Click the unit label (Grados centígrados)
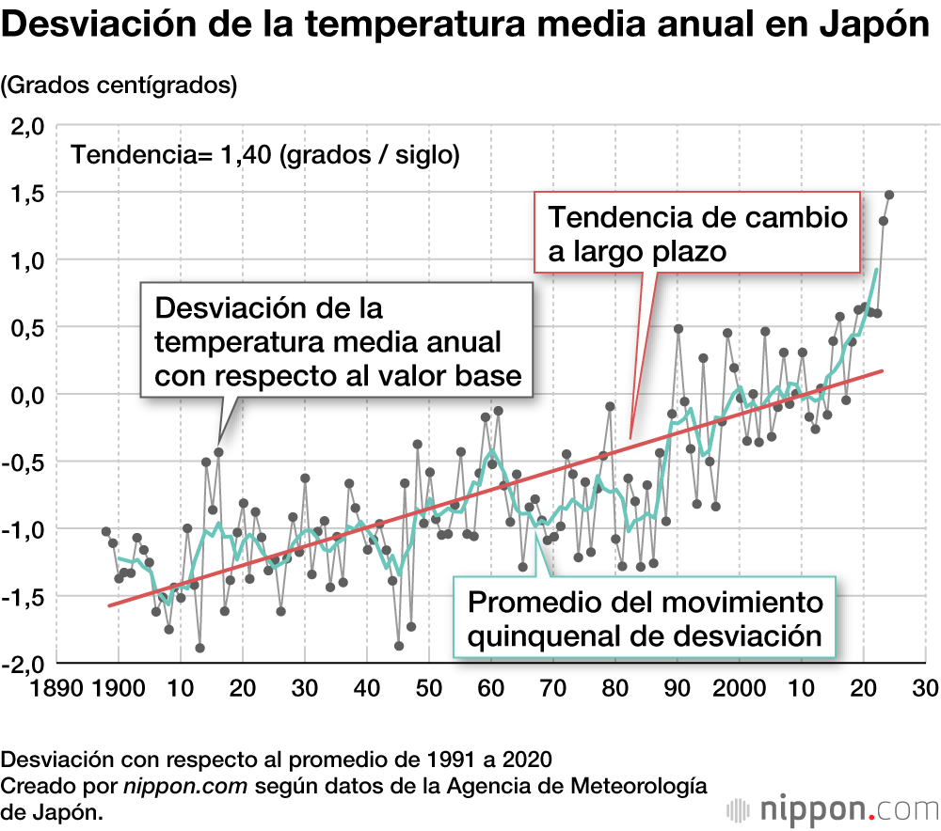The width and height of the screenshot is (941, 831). [119, 85]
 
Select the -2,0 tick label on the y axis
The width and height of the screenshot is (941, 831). [24, 663]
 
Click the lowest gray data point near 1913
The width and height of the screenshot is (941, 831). [199, 648]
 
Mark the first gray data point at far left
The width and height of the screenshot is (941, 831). [106, 531]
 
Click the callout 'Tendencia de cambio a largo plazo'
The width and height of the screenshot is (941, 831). [697, 232]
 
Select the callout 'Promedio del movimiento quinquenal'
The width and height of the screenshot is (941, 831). [645, 619]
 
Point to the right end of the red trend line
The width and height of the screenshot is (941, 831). [882, 371]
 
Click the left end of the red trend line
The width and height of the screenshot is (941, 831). [109, 605]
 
